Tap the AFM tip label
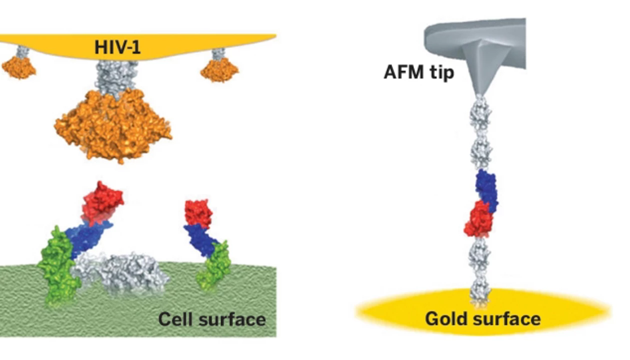pyautogui.click(x=418, y=72)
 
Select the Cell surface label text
pyautogui.click(x=211, y=319)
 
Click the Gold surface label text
pyautogui.click(x=482, y=318)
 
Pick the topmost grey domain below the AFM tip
pyautogui.click(x=481, y=112)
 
